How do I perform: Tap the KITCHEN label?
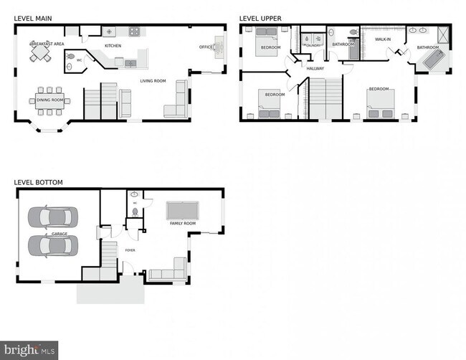pyautogui.click(x=113, y=46)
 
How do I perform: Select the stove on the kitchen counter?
pyautogui.click(x=133, y=32)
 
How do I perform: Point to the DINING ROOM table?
pyautogui.click(x=49, y=100)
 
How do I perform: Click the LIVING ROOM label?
pyautogui.click(x=153, y=81)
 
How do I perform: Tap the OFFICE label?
pyautogui.click(x=206, y=47)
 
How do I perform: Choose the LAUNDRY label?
pyautogui.click(x=313, y=44)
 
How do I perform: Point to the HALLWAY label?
pyautogui.click(x=315, y=69)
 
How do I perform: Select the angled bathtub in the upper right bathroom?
pyautogui.click(x=432, y=61)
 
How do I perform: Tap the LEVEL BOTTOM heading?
pyautogui.click(x=38, y=182)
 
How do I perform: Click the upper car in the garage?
pyautogui.click(x=49, y=216)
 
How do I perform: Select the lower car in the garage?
pyautogui.click(x=49, y=245)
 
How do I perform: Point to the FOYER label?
pyautogui.click(x=130, y=250)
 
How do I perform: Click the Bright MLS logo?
pyautogui.click(x=29, y=349)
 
